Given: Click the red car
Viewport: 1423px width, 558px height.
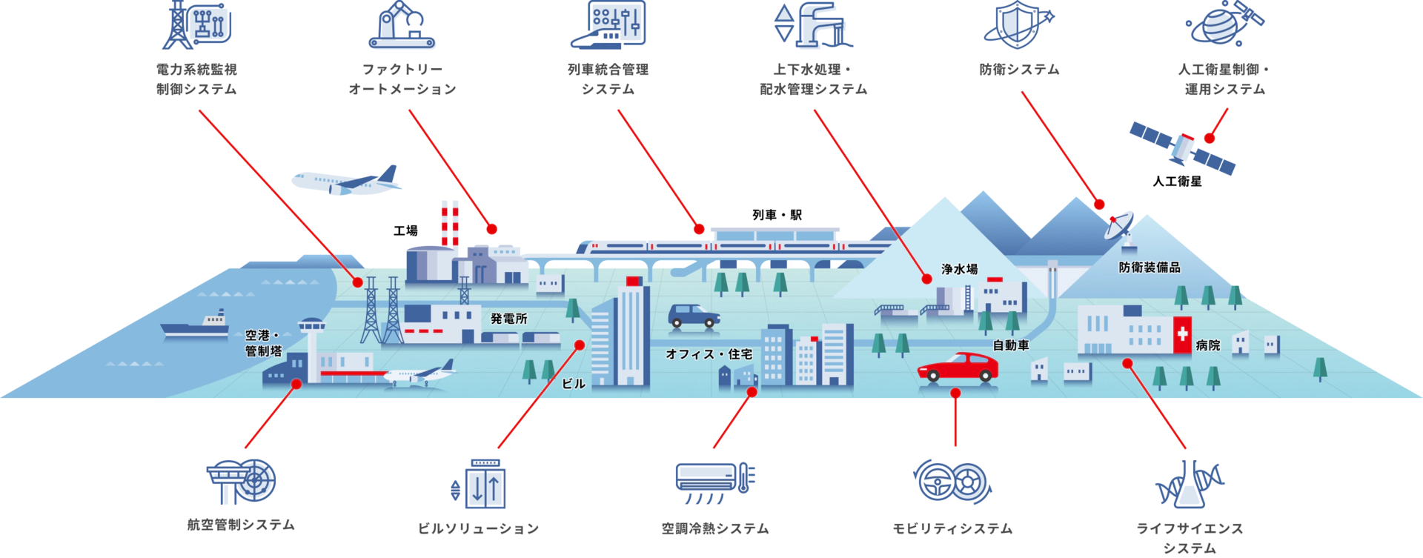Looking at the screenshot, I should pyautogui.click(x=958, y=366).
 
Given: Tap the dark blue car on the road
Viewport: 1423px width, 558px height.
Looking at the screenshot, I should pyautogui.click(x=693, y=315).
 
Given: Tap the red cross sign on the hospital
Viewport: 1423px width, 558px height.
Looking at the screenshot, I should pyautogui.click(x=1182, y=336).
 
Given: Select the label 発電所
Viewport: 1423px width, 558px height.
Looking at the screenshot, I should pyautogui.click(x=508, y=319).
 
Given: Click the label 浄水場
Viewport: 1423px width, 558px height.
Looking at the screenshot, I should pyautogui.click(x=959, y=270).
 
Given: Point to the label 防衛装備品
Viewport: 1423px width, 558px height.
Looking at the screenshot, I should pyautogui.click(x=1149, y=268).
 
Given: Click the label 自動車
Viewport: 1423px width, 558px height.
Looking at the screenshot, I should pyautogui.click(x=1010, y=345).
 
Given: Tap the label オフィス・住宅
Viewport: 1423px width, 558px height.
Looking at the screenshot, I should pyautogui.click(x=709, y=355).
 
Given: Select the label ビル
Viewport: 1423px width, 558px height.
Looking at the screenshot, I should pyautogui.click(x=573, y=384).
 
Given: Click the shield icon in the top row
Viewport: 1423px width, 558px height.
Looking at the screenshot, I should pyautogui.click(x=1015, y=24).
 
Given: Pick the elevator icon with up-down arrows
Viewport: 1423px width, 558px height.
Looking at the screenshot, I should pyautogui.click(x=485, y=484).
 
